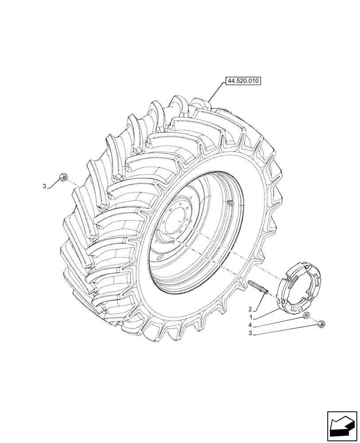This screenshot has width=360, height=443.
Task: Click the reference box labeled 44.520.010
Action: tap(243, 81)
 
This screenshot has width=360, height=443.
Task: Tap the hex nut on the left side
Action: tap(63, 178)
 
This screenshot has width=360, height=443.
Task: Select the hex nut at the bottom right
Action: tap(321, 325)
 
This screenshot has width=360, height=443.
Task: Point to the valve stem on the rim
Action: tap(230, 203)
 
